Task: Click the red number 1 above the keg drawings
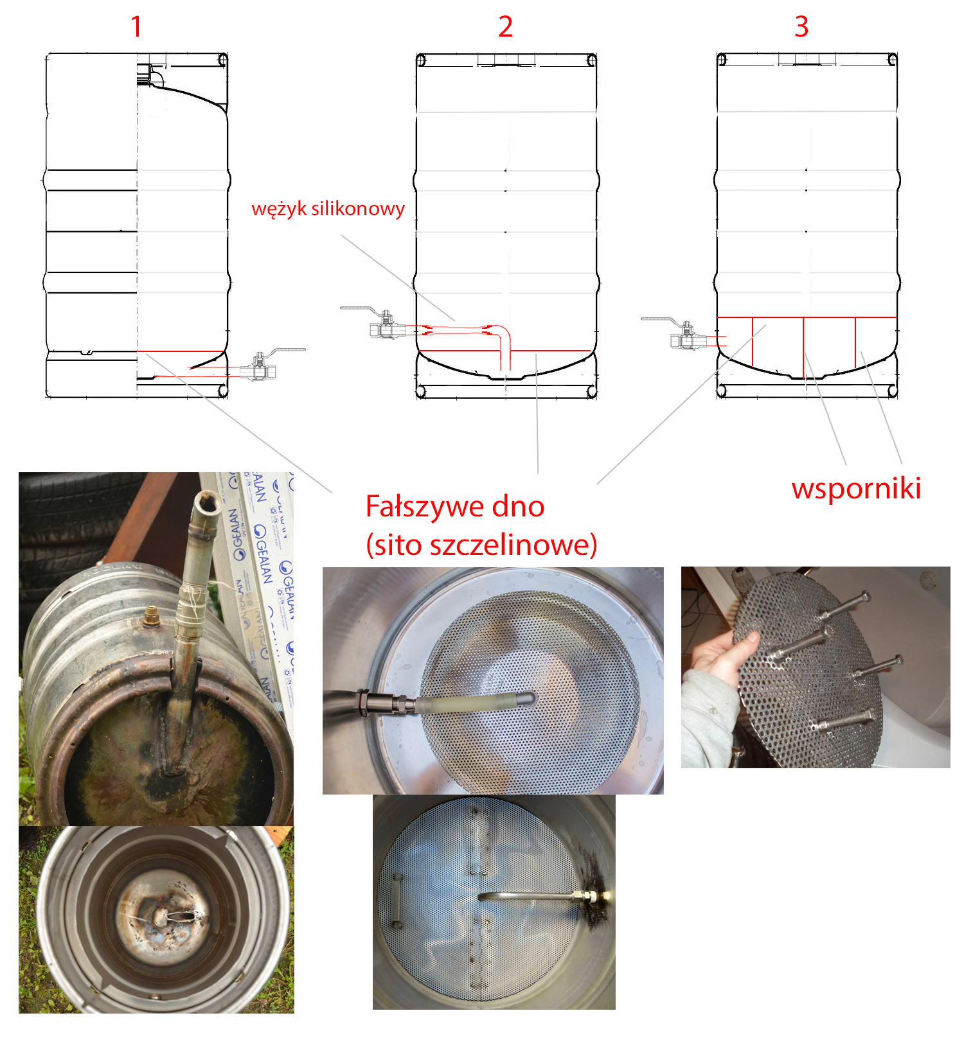tap(136, 26)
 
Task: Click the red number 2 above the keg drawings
tap(506, 26)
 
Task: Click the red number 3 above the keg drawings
tap(801, 26)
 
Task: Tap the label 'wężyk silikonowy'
tap(328, 209)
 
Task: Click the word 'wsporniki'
tap(856, 488)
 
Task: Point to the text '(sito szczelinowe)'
tap(481, 545)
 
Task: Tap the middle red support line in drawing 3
tap(803, 347)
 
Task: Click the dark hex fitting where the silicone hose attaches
tap(379, 702)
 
